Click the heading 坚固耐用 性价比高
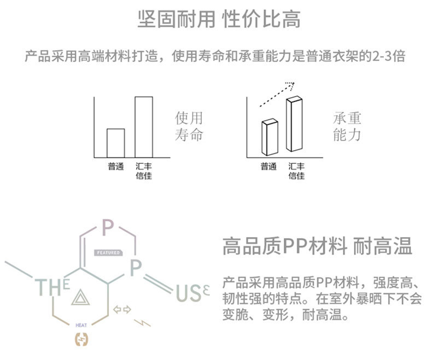click(219, 20)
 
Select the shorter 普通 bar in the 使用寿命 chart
click(115, 143)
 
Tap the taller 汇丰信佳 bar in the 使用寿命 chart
click(144, 127)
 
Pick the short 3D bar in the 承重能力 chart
click(270, 137)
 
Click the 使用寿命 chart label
click(189, 126)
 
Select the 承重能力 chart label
click(347, 126)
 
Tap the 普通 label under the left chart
click(115, 166)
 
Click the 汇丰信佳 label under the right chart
click(296, 170)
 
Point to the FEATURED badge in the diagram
click(108, 253)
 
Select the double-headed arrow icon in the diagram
click(122, 310)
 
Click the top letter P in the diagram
click(108, 225)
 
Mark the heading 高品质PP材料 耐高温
click(317, 246)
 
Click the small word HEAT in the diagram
click(81, 325)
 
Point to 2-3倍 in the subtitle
click(387, 56)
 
